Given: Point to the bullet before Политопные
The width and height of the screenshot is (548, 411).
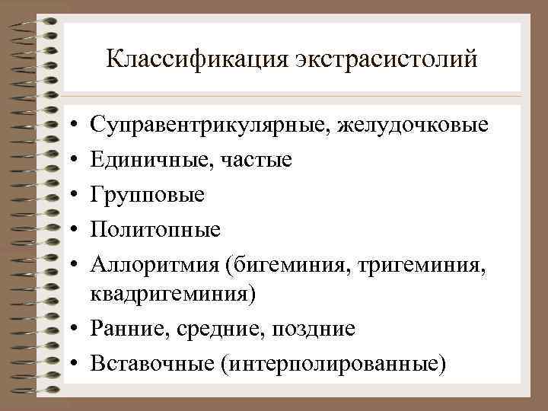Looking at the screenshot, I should [x=70, y=230].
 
